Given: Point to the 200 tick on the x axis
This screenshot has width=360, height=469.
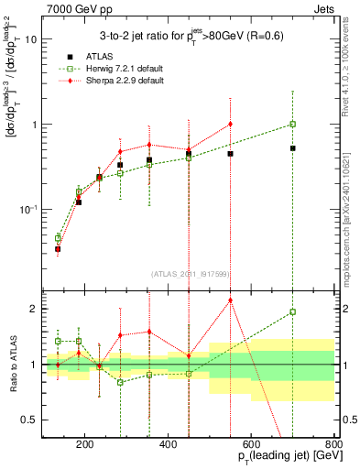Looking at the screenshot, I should click(85, 446).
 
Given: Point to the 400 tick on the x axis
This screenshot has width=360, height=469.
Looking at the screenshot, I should click(168, 446).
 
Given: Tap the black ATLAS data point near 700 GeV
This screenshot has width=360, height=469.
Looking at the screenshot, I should click(292, 147).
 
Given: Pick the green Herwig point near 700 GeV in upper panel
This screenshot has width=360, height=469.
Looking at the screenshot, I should click(292, 124).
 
